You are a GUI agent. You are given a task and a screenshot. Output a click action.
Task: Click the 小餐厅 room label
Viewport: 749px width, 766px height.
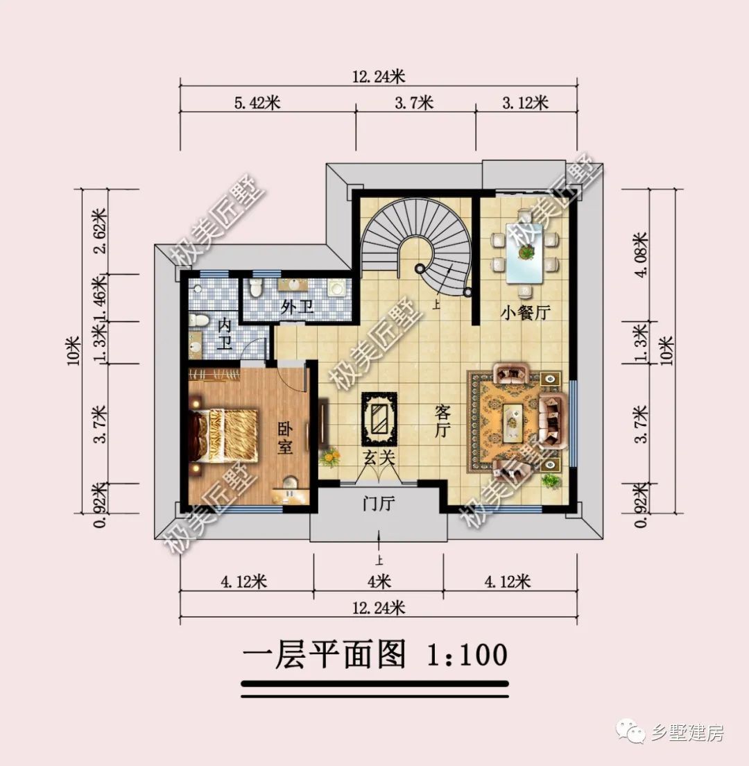[525, 312]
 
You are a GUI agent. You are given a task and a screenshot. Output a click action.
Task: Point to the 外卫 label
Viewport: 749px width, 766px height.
[297, 307]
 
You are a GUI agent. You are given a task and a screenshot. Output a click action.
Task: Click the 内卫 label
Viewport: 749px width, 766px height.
[224, 334]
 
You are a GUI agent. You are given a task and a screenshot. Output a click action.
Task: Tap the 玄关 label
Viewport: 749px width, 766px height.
[379, 457]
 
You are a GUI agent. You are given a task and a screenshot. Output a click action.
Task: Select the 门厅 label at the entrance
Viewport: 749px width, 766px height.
[379, 504]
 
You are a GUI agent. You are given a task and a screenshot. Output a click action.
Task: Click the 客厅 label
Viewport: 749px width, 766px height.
[442, 422]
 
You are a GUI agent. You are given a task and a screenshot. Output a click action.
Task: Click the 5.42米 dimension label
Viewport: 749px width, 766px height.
[257, 103]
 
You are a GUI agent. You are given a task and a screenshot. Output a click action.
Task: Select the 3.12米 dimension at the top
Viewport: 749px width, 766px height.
[525, 103]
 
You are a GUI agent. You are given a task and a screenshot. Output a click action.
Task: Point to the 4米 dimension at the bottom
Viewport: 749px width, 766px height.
[379, 580]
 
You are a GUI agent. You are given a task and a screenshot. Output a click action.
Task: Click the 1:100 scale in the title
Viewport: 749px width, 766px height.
[465, 654]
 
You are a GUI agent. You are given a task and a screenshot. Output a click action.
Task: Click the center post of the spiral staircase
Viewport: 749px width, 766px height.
[419, 269]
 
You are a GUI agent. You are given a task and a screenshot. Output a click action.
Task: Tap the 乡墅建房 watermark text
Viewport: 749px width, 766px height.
[687, 733]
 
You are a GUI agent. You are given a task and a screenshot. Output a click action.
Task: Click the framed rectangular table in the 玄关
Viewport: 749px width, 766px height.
[379, 418]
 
